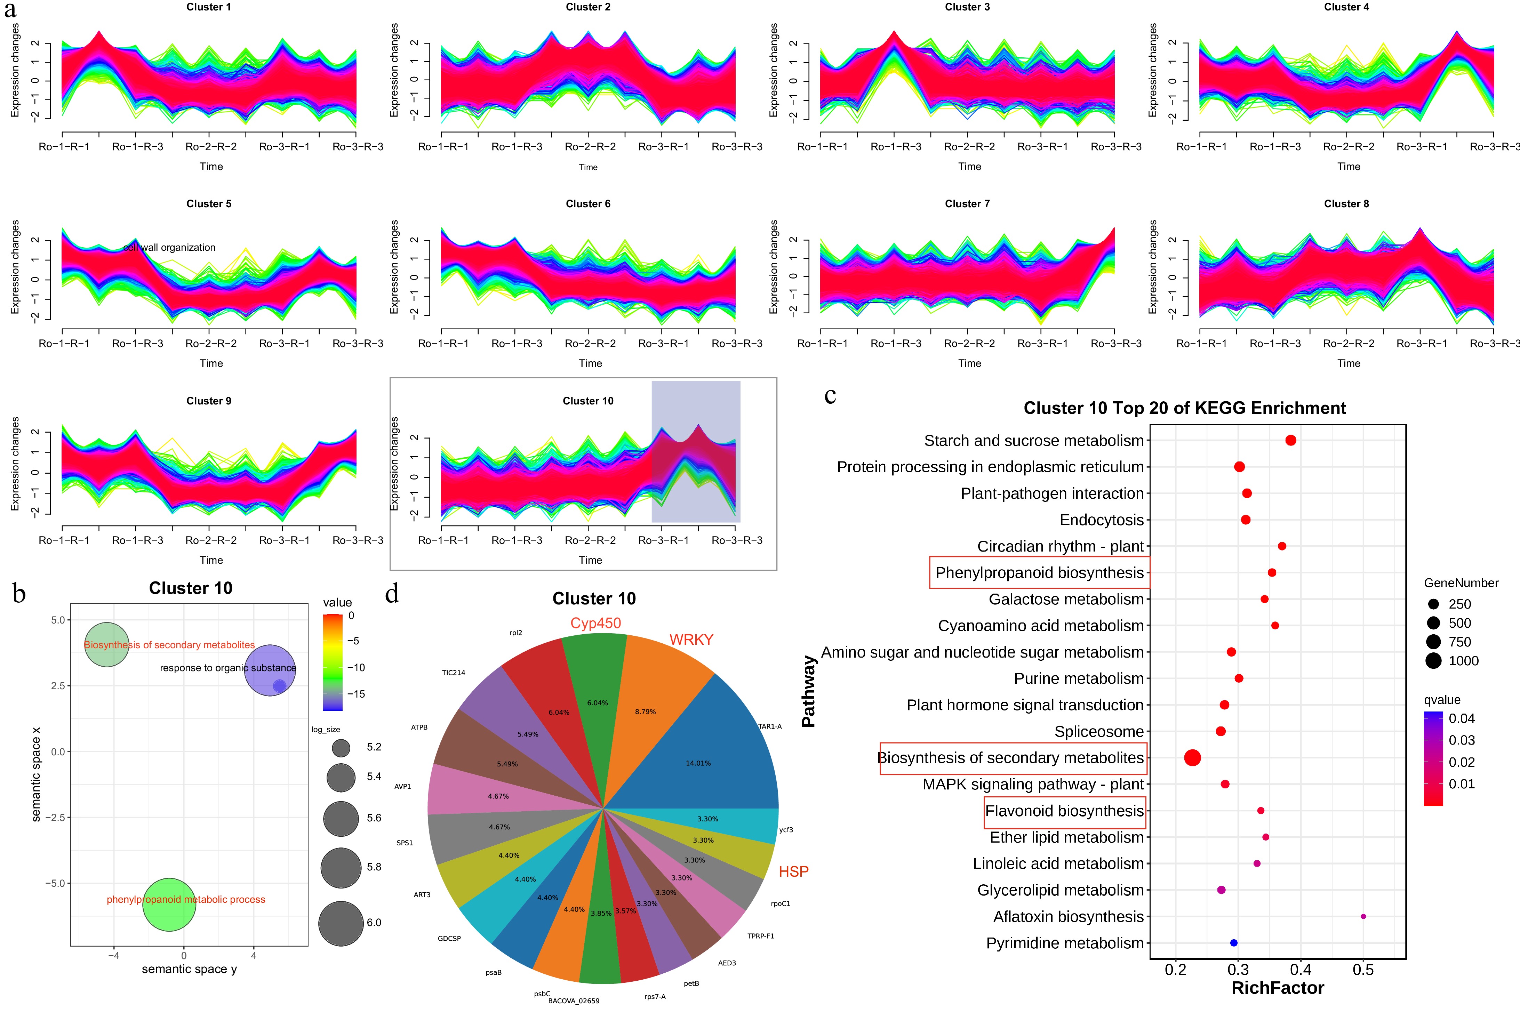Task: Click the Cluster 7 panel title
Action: click(x=967, y=203)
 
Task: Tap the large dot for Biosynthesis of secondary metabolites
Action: click(x=1192, y=758)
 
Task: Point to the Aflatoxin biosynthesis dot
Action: click(x=1363, y=916)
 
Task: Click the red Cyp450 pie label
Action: click(x=595, y=623)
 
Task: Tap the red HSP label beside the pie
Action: click(x=793, y=871)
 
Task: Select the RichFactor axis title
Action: click(x=1277, y=988)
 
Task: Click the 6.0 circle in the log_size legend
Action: click(x=341, y=923)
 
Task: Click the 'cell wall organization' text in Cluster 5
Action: click(x=169, y=248)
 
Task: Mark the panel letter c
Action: click(x=830, y=395)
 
